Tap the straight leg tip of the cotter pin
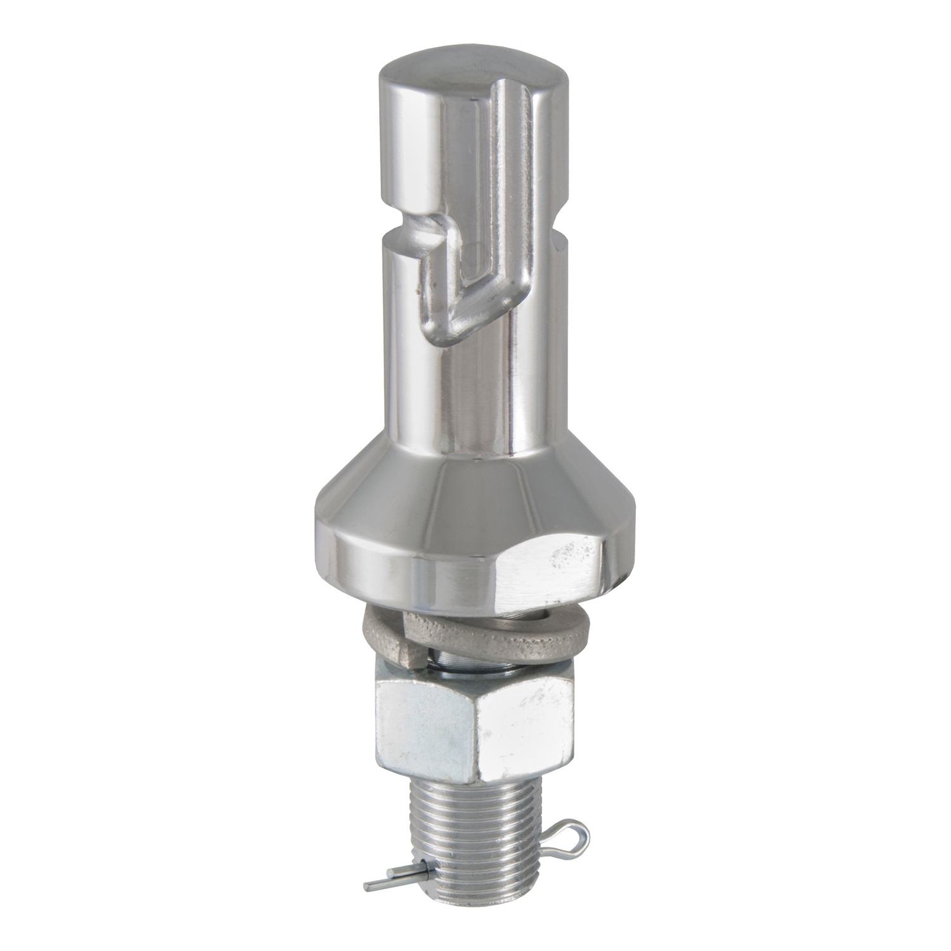tap(374, 882)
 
